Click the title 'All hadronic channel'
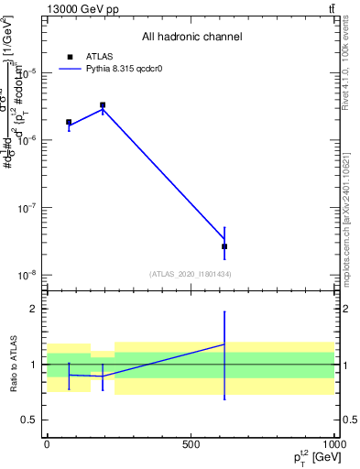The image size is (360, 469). (x=191, y=38)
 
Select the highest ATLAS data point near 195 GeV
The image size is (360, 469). (x=103, y=105)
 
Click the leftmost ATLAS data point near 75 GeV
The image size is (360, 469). (x=69, y=122)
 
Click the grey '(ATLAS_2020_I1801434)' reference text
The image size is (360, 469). (x=191, y=274)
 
